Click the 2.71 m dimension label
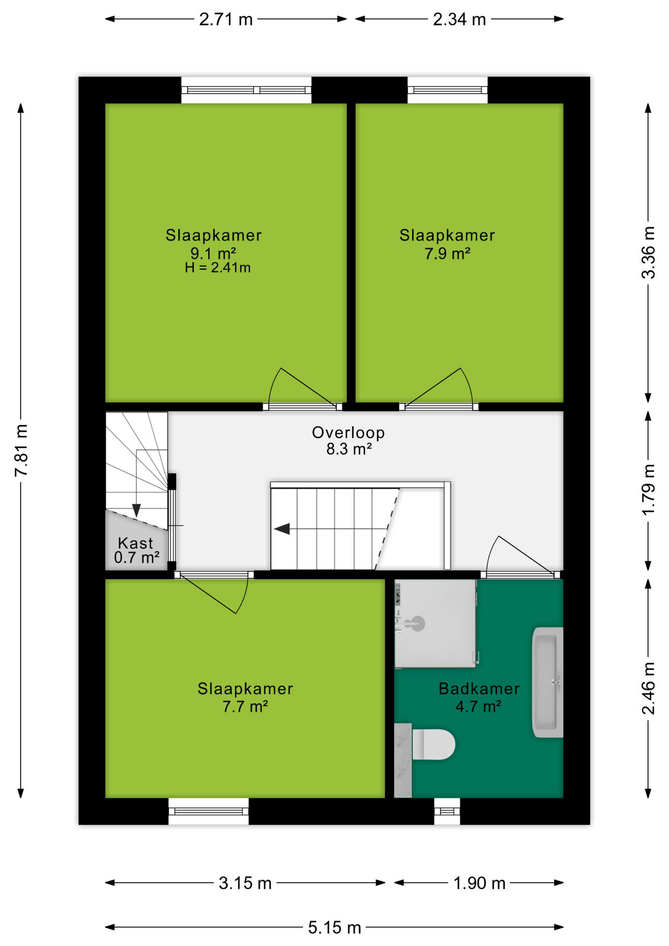[226, 20]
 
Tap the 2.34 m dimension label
[459, 20]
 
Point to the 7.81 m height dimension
[21, 450]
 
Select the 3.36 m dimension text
[648, 252]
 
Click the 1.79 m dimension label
[648, 489]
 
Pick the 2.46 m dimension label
[648, 688]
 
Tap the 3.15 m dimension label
[245, 883]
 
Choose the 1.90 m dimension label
[479, 883]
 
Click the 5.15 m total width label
[334, 927]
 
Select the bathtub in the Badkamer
[547, 682]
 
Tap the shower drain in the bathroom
[418, 623]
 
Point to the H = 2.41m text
[218, 268]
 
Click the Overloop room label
[348, 433]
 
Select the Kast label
[135, 543]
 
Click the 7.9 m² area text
[447, 254]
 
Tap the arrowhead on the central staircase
[282, 529]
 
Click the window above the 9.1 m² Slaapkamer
[246, 90]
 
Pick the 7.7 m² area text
[245, 707]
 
